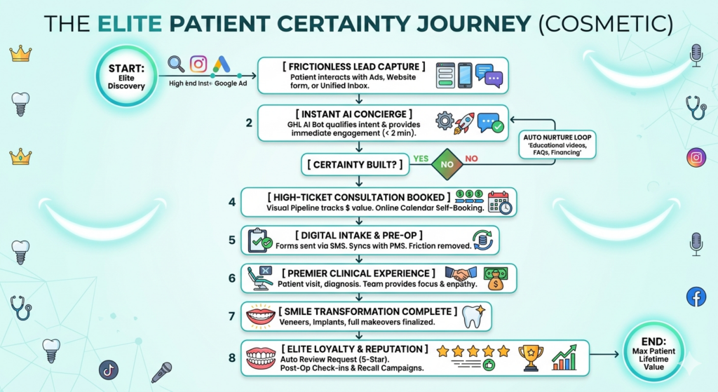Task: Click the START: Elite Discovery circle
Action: tap(126, 75)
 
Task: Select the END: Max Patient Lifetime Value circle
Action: tap(653, 353)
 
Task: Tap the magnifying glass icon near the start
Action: tap(176, 65)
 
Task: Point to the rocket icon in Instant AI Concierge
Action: tap(463, 123)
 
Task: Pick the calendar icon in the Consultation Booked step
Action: tap(500, 202)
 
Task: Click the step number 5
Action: tap(231, 240)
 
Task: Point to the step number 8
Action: tap(231, 358)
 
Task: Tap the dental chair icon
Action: tap(259, 278)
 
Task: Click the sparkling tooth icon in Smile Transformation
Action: tap(475, 316)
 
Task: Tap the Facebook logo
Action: tap(696, 297)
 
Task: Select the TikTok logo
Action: tap(109, 370)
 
